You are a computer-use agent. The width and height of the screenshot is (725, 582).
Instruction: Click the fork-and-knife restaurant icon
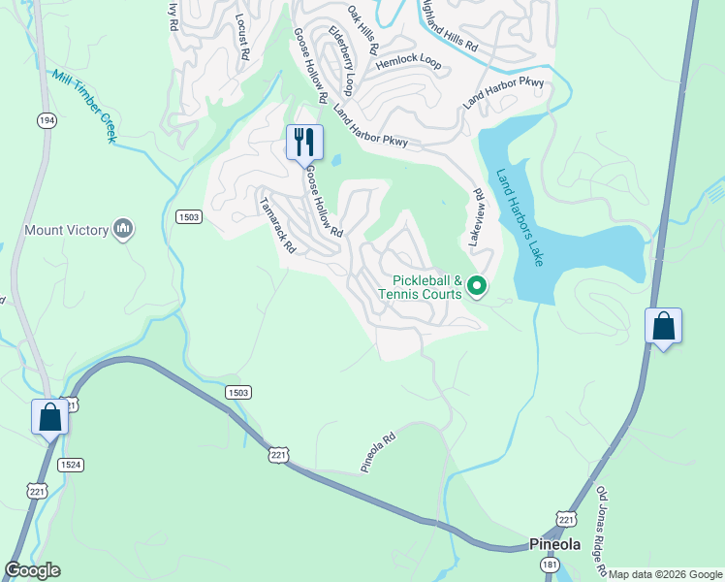coord(304,143)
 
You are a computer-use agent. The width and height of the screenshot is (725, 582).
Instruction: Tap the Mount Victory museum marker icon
coord(123,229)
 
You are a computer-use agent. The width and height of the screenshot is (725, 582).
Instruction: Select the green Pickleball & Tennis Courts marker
coord(476,285)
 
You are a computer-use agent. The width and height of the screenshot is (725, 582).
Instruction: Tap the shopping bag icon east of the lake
coord(664,326)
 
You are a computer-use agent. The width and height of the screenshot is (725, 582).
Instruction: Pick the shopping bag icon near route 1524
coord(49,418)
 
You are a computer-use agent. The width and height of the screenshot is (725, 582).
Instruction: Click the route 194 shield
coord(46,119)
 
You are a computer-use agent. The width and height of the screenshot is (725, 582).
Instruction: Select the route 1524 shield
coord(69,465)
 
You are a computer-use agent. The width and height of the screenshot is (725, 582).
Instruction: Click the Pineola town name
coord(554,543)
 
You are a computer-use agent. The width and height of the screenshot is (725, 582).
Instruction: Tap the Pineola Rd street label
coord(379,453)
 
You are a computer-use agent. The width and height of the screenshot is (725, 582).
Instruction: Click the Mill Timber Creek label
coord(85,107)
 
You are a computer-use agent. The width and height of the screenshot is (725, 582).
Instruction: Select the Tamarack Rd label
coord(277,226)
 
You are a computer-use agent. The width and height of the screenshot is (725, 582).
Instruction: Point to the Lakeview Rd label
coord(476,216)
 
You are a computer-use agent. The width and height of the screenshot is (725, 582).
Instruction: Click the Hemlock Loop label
coord(408,63)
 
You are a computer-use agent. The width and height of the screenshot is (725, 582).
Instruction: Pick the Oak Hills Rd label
coord(363,28)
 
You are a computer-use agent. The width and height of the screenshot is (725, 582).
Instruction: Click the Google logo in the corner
coord(32,570)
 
